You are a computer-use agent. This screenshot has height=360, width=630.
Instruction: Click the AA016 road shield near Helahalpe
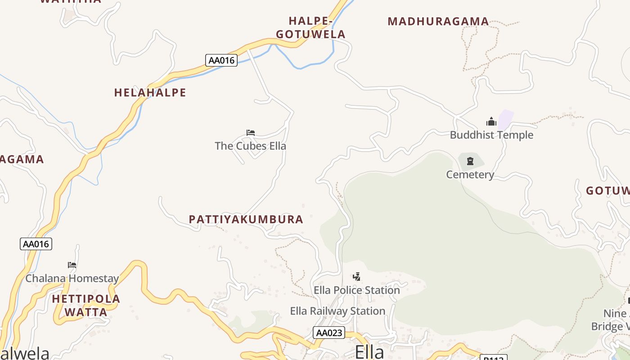pos(221,60)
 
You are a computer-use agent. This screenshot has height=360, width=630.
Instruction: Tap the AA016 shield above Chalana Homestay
pos(36,244)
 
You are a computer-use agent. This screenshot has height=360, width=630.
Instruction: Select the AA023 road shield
pos(329,333)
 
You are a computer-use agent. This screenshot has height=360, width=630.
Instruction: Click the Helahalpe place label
pos(150,93)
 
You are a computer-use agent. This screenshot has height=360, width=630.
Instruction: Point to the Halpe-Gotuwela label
pos(310,27)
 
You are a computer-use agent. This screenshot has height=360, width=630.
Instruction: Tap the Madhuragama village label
pos(438,21)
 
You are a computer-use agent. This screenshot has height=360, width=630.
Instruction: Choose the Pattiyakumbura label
pos(246,220)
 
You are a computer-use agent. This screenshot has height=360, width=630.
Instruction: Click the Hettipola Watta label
pos(86,305)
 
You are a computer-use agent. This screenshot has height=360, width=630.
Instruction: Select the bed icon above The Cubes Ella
pos(251,133)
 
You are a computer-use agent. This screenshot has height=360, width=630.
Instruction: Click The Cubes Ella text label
pos(250,146)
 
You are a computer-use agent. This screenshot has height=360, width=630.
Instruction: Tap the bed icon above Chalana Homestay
pos(72,265)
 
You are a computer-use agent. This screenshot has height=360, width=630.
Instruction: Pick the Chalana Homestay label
pos(72,278)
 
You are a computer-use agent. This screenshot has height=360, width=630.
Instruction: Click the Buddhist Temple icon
pos(491,121)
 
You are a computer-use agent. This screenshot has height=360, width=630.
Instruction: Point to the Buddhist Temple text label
pos(491,135)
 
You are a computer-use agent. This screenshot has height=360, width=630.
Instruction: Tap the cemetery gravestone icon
pos(470,161)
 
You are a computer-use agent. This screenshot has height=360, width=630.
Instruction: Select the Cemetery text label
pos(470,175)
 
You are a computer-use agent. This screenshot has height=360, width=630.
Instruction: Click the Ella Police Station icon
pos(356,277)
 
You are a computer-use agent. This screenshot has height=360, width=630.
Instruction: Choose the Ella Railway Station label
pos(337,311)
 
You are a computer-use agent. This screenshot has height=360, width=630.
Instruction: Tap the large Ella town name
pos(369,352)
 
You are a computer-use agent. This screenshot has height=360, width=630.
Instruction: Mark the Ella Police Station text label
pos(356,290)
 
